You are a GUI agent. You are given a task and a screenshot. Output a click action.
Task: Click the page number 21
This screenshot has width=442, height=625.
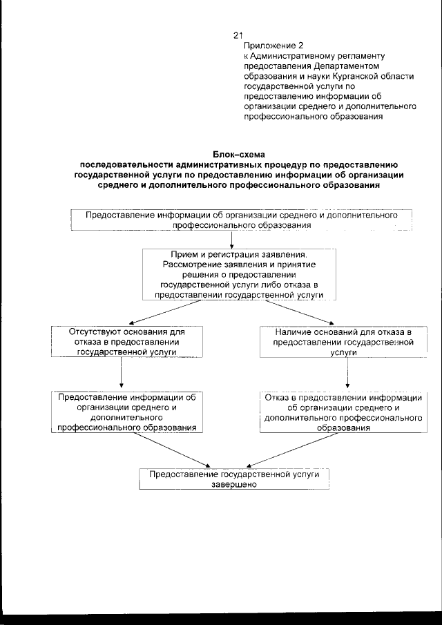tap(238, 35)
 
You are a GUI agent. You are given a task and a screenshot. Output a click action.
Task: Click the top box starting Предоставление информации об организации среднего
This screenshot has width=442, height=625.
tap(241, 220)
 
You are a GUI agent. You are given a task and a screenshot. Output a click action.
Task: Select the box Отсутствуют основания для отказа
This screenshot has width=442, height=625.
tap(121, 341)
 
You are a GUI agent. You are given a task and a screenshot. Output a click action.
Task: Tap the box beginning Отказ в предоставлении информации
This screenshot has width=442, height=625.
tap(343, 412)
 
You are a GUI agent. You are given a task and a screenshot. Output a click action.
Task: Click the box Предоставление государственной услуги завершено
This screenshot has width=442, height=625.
tap(233, 479)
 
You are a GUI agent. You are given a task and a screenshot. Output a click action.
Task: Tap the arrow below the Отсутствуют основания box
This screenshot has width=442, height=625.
tap(121, 374)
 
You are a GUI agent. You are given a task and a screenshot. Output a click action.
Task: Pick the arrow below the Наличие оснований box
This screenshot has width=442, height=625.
tap(347, 374)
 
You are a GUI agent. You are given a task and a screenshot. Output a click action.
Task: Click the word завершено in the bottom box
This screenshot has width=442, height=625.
tap(234, 485)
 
